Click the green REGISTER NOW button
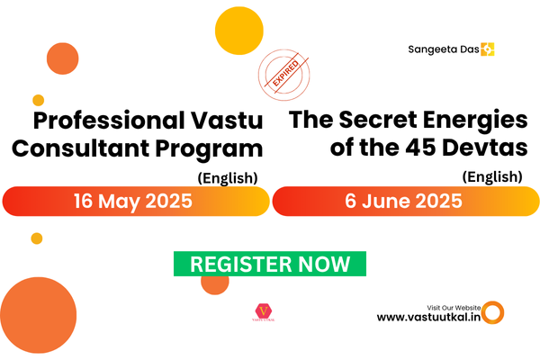[x=270, y=264]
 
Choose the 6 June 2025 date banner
[x=405, y=202]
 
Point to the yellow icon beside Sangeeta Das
[x=489, y=49]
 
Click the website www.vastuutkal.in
[x=427, y=317]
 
